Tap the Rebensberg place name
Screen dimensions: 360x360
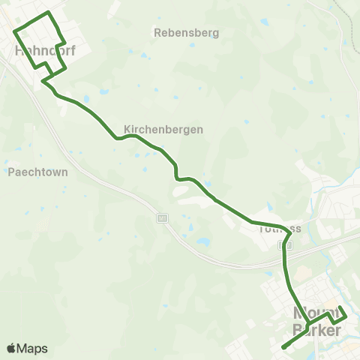coord(185,33)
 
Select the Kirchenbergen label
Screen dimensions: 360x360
coord(164,129)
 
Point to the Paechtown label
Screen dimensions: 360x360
coord(38,172)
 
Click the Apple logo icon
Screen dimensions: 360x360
coord(12,348)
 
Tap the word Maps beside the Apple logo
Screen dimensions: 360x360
coord(32,349)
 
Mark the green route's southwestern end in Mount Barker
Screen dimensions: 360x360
coord(282,348)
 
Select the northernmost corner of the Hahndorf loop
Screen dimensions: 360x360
coord(49,13)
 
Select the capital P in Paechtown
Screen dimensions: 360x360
coord(11,172)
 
